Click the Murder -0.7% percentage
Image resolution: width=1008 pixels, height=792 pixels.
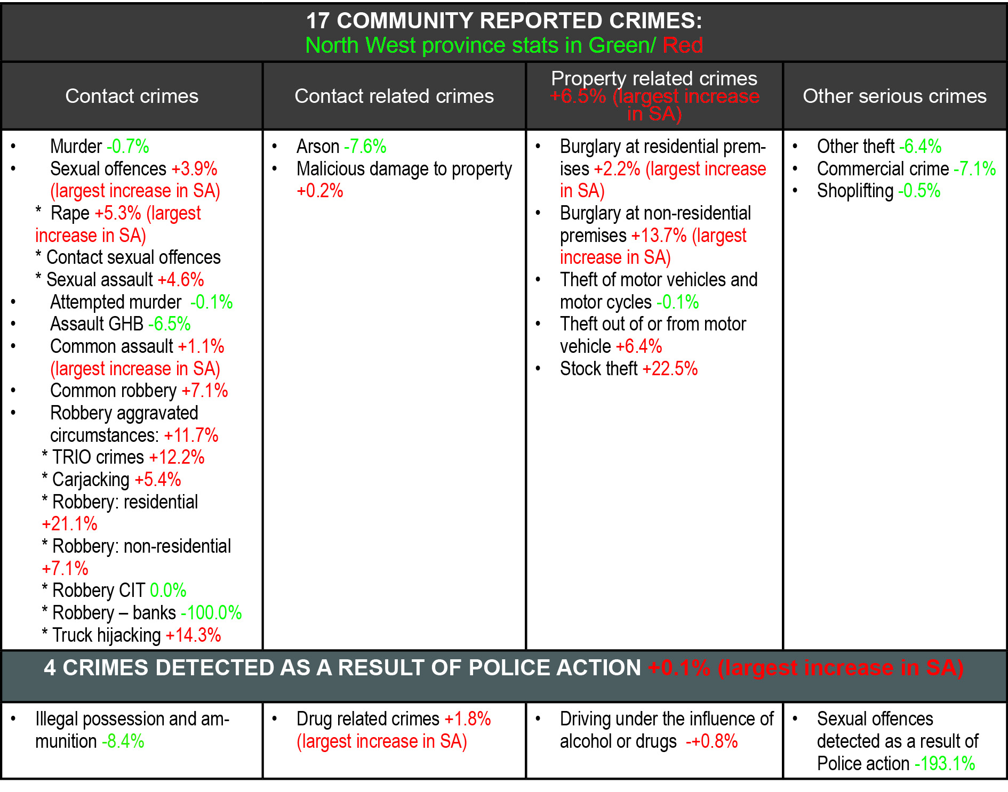[x=128, y=147]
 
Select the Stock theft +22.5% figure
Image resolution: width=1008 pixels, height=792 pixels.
[x=670, y=369]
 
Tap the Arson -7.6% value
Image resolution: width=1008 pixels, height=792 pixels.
[x=365, y=147]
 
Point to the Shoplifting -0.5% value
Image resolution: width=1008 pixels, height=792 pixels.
[x=919, y=191]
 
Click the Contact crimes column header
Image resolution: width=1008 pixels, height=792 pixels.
[x=132, y=96]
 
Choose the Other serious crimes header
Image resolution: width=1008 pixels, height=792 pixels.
[x=894, y=96]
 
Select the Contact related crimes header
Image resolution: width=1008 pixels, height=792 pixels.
[x=394, y=96]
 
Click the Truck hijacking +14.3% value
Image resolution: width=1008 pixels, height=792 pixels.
[x=193, y=635]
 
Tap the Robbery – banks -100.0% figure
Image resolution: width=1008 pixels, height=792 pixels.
[x=211, y=613]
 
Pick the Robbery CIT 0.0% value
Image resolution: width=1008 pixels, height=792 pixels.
[x=168, y=591]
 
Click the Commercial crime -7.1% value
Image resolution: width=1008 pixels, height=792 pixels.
[x=974, y=169]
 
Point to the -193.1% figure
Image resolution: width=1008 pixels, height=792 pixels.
[x=945, y=764]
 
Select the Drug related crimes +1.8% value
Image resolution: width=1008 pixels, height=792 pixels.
[x=468, y=719]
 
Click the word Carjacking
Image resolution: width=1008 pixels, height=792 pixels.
[x=91, y=480]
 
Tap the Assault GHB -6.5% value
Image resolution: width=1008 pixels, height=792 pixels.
[x=169, y=324]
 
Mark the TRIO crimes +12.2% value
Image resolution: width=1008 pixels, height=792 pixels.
[x=177, y=457]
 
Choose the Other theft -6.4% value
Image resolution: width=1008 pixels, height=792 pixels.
[x=920, y=147]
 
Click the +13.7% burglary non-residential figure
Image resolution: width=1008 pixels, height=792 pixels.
[x=659, y=236]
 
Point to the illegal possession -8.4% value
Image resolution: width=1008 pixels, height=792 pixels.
[x=123, y=741]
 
